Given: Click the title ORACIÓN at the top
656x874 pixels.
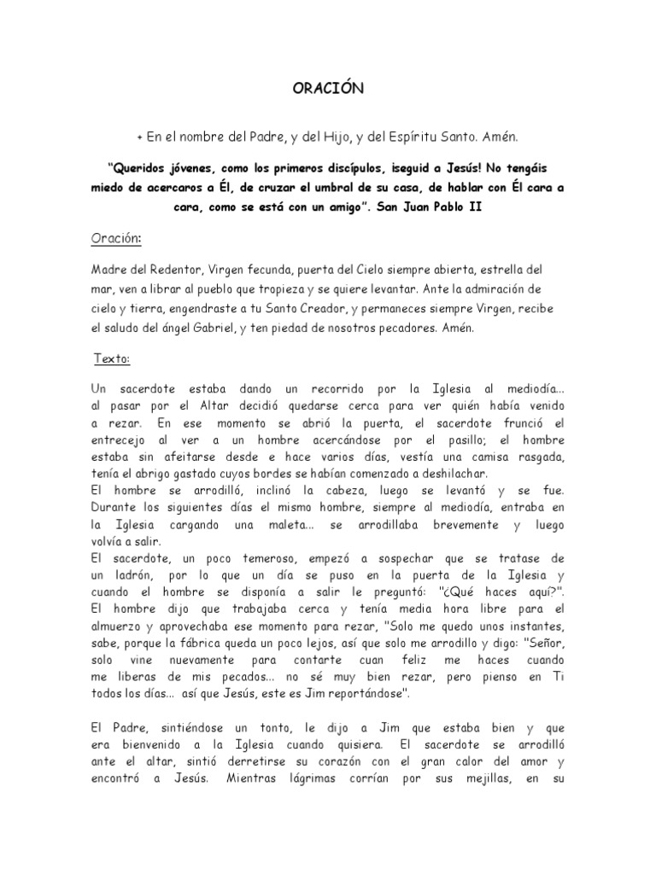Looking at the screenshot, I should point(328,90).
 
